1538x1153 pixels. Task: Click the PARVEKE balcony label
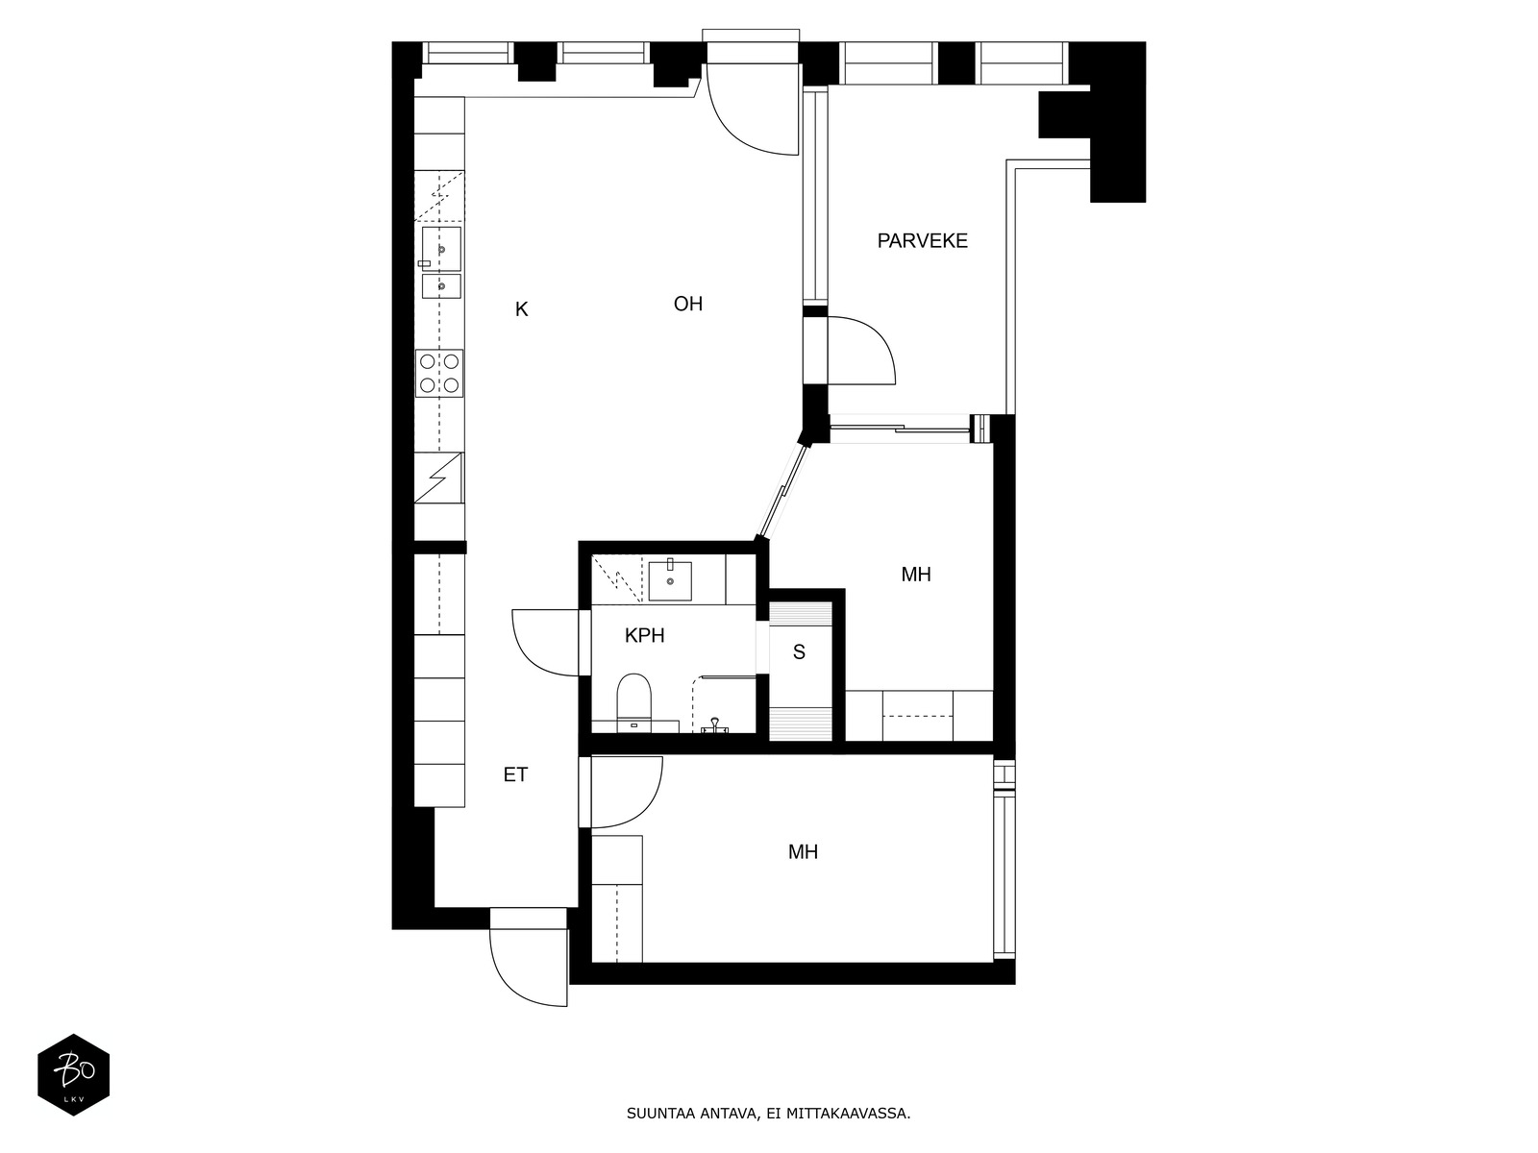tap(922, 241)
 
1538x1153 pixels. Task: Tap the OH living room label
tap(688, 304)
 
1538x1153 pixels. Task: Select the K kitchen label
tap(521, 309)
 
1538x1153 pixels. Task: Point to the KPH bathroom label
tap(645, 636)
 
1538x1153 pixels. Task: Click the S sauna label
tap(799, 652)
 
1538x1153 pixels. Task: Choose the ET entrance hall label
tap(515, 774)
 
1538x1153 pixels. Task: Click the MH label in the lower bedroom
tap(803, 852)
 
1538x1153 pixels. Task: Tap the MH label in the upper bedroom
tap(916, 575)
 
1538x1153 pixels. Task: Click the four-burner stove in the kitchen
tap(439, 373)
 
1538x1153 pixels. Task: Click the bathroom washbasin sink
tap(670, 580)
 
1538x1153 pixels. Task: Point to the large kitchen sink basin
tap(441, 249)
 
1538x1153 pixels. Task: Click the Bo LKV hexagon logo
tap(74, 1074)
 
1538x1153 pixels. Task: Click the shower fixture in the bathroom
tap(715, 725)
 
